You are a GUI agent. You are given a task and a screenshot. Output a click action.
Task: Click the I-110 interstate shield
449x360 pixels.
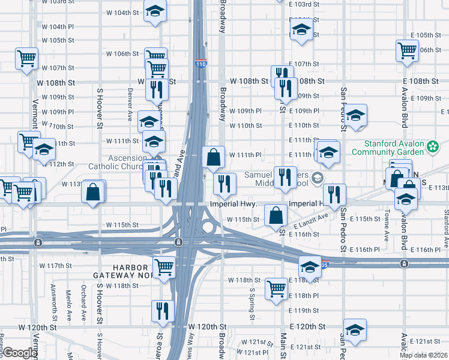click(200, 63)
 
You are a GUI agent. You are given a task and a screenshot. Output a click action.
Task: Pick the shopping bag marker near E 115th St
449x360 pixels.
click(275, 214)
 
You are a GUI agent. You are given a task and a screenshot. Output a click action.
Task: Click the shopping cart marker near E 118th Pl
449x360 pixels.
click(276, 289)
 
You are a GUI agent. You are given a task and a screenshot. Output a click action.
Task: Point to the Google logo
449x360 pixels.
click(19, 353)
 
